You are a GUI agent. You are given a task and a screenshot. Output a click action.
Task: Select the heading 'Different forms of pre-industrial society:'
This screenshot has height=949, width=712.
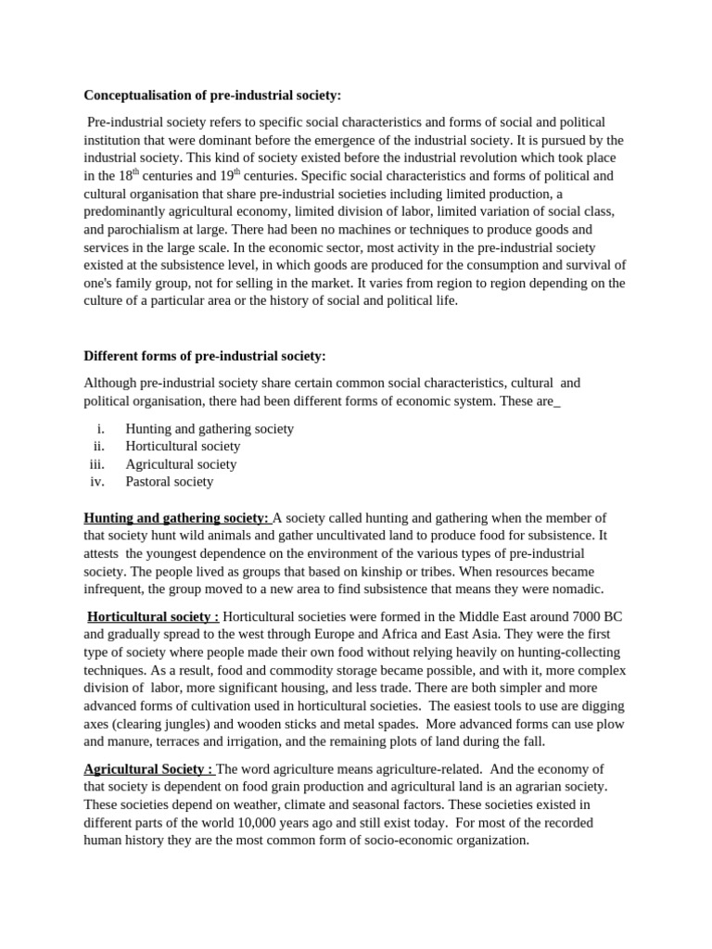(x=205, y=356)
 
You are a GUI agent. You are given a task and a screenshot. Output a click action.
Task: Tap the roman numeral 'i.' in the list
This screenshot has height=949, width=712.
(x=101, y=429)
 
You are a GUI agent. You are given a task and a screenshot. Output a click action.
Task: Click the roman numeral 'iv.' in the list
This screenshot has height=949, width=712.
(x=98, y=482)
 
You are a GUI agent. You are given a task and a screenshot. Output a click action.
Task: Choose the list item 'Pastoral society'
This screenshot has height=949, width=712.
(x=170, y=482)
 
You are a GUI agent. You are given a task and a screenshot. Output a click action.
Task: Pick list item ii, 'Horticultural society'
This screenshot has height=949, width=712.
(x=183, y=447)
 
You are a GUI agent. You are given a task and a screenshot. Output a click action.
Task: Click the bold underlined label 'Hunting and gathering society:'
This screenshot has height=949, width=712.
(x=176, y=518)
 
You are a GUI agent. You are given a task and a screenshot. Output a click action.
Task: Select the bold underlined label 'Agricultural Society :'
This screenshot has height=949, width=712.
(x=148, y=769)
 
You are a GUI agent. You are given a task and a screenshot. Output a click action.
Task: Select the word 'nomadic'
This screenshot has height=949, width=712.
(x=571, y=589)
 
